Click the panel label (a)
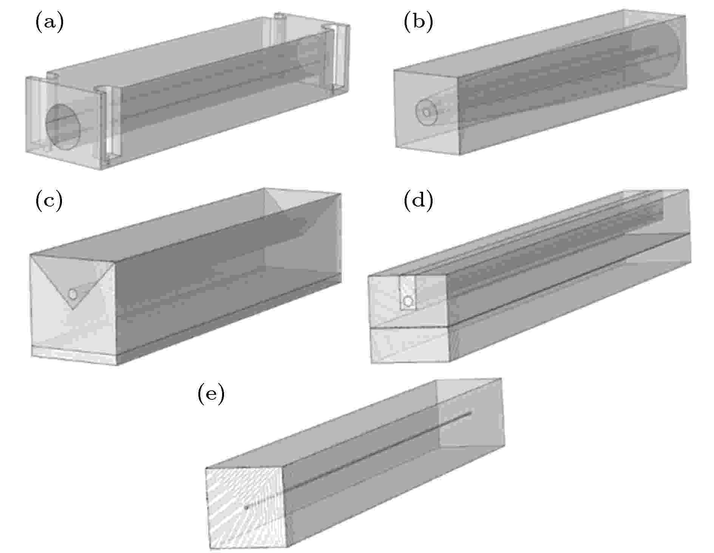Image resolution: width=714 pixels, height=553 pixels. (x=49, y=22)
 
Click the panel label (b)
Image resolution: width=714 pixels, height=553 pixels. (x=419, y=22)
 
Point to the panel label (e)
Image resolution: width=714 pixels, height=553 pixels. (x=211, y=394)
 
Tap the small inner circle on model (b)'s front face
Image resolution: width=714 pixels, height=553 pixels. (x=427, y=112)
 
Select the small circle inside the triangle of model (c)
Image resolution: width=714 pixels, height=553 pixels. (x=72, y=294)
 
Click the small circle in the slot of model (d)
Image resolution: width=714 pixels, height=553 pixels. (x=408, y=301)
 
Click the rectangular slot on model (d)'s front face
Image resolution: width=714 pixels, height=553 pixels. (x=408, y=293)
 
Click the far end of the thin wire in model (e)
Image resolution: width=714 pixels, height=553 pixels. (x=471, y=413)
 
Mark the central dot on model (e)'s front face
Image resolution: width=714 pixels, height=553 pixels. (x=246, y=508)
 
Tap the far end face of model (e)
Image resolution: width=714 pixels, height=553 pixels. (x=471, y=413)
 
